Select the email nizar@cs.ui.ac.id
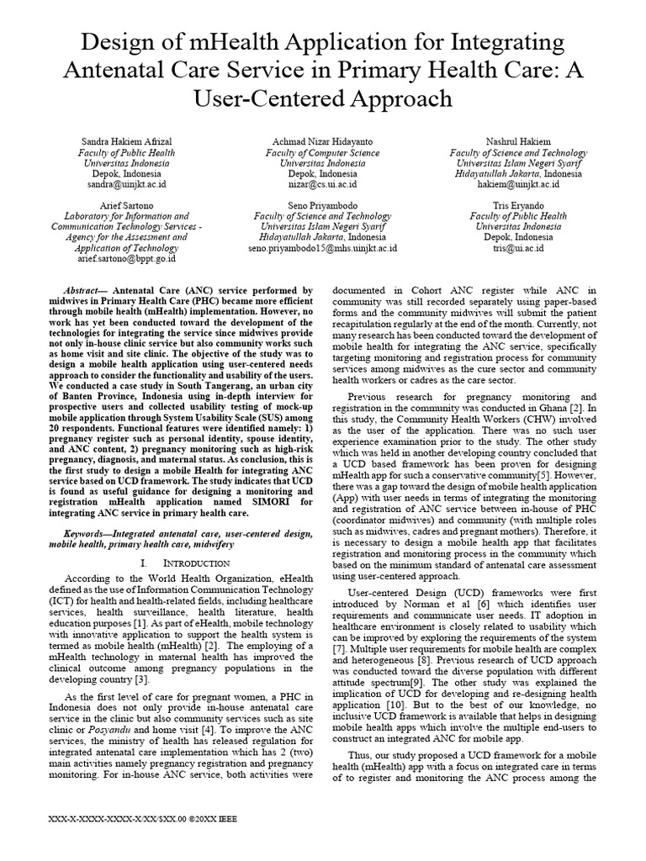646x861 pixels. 322,183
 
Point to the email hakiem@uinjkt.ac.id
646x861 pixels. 518,183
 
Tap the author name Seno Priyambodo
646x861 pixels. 322,204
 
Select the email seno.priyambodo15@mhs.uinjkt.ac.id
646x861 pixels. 322,248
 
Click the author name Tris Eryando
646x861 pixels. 518,204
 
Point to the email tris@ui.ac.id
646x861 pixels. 518,248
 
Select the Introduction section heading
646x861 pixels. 189,562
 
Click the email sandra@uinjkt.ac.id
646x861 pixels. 127,183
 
